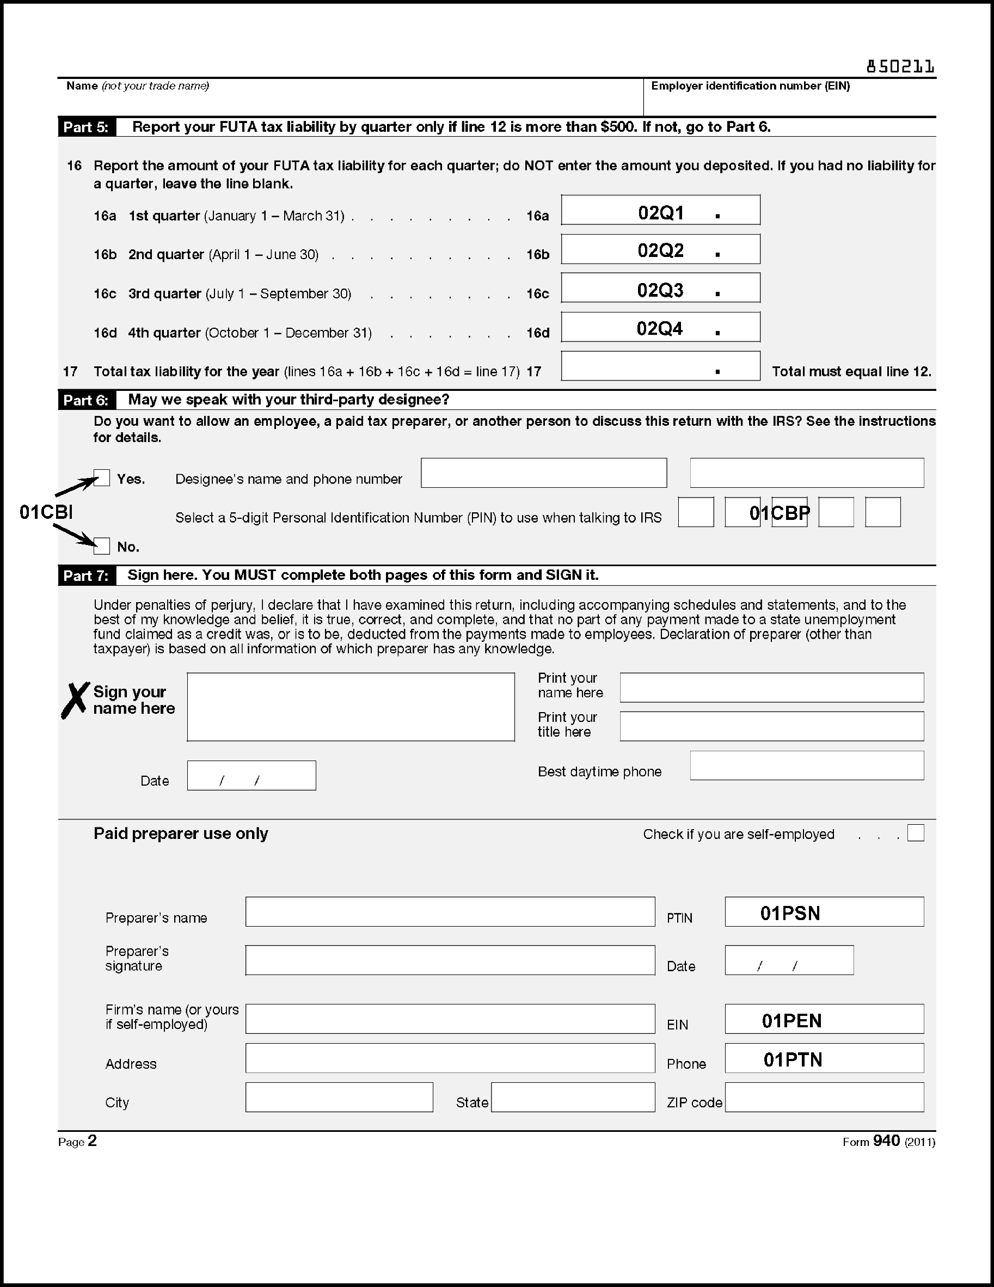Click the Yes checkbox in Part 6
102,478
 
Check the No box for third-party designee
102,546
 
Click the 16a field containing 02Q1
660,210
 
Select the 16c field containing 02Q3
660,288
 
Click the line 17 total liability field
660,366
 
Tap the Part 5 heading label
87,127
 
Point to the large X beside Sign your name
76,700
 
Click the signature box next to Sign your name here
351,707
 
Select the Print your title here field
771,726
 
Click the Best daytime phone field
807,765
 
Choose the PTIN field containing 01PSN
824,911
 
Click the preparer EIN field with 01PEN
824,1019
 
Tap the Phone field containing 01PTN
824,1058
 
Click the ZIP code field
824,1097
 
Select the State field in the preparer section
573,1097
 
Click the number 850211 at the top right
900,67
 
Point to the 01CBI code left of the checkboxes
46,512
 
